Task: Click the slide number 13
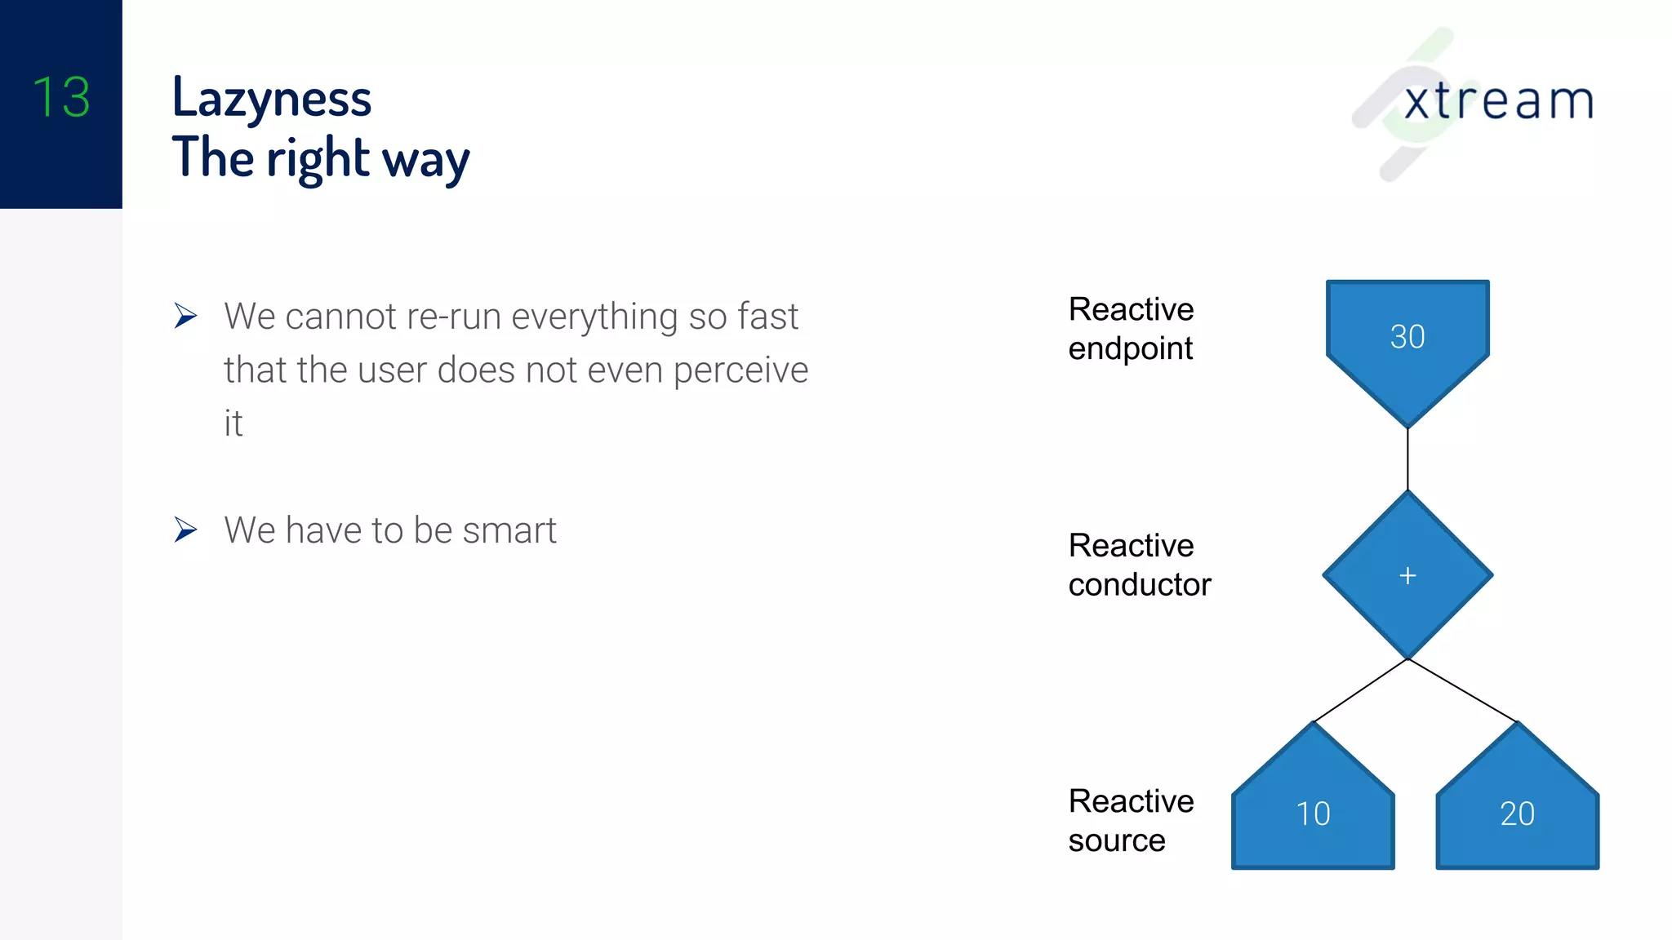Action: [x=61, y=97]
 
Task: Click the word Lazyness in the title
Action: [x=272, y=99]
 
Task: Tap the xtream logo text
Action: [x=1498, y=101]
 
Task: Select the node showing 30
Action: [x=1407, y=336]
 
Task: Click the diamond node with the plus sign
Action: [x=1407, y=575]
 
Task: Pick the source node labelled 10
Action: [x=1313, y=813]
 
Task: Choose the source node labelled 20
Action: [x=1517, y=813]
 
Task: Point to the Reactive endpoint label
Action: [x=1131, y=329]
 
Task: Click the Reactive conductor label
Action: [x=1139, y=565]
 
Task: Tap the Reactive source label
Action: [x=1131, y=820]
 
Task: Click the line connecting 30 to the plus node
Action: [x=1407, y=459]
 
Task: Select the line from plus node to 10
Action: [x=1360, y=691]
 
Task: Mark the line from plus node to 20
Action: [x=1462, y=690]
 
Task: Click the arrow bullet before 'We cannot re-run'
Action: [x=185, y=316]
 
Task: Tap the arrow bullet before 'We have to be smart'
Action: [x=185, y=530]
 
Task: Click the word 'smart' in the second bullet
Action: [x=509, y=530]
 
